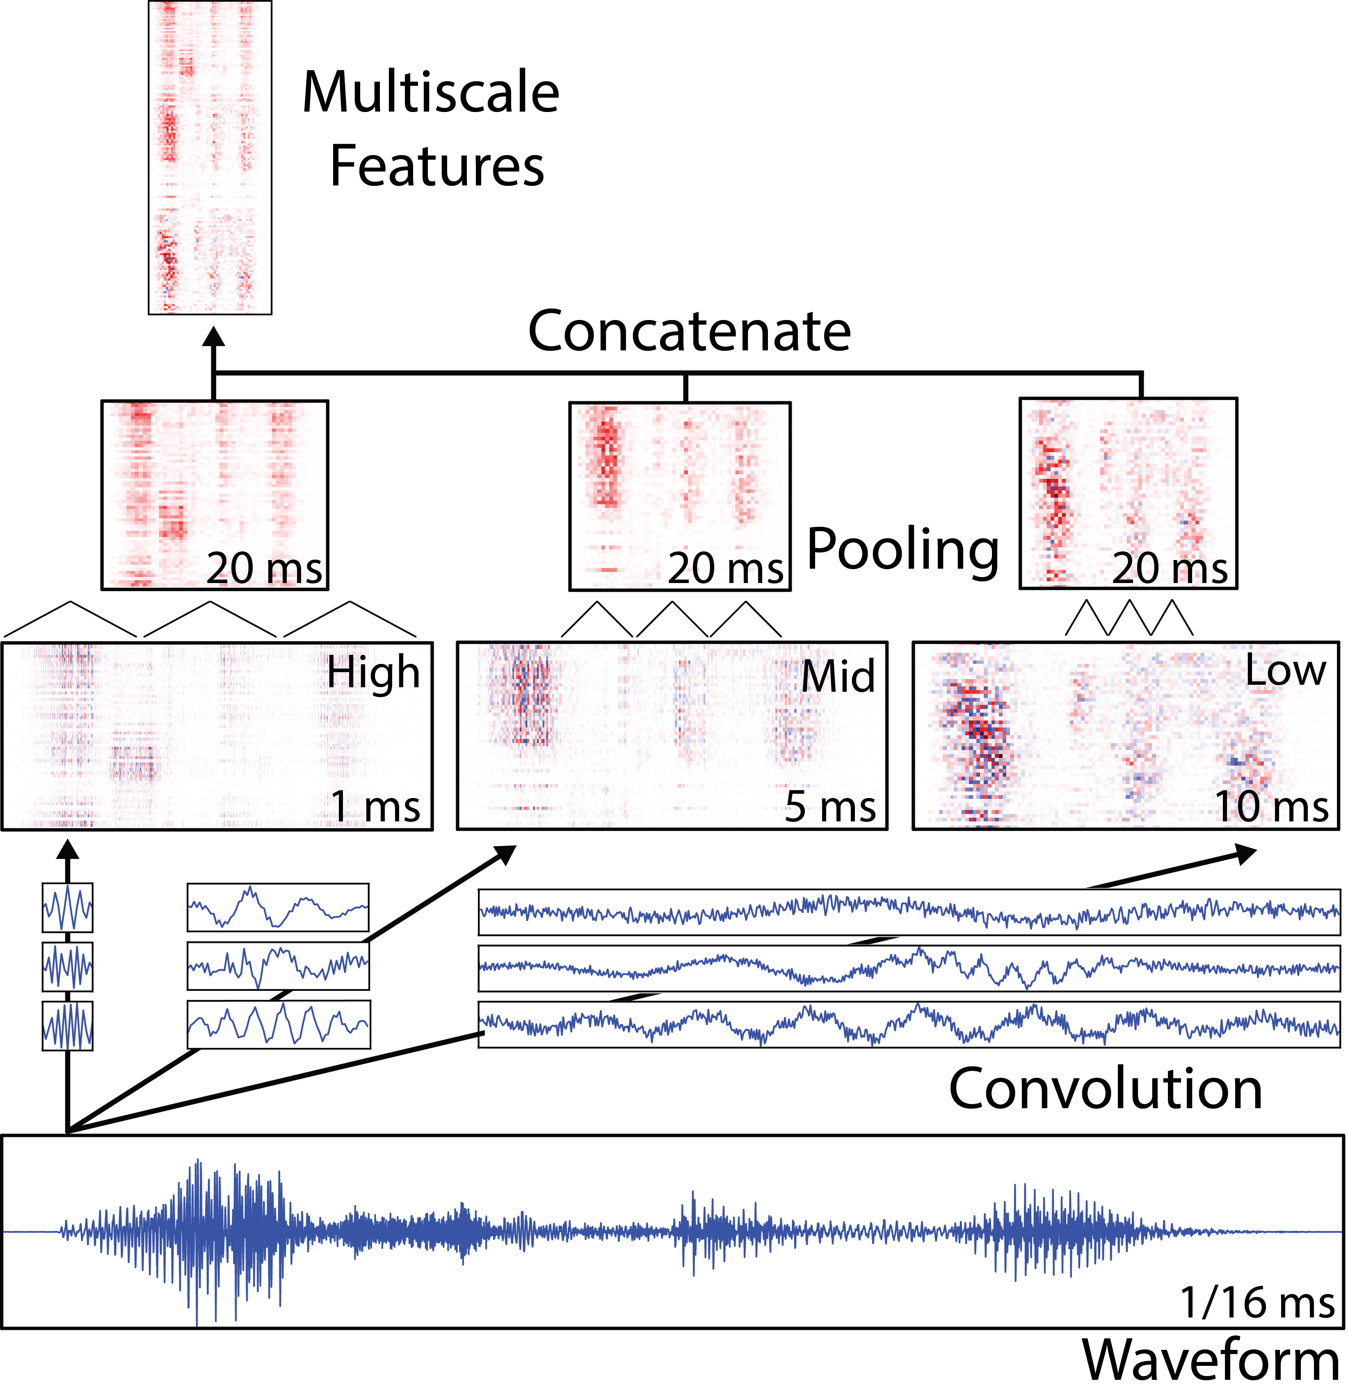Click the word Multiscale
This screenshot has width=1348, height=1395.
431,93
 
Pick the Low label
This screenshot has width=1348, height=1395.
1285,671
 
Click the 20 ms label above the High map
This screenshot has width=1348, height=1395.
264,569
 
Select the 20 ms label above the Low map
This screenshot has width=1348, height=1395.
1170,569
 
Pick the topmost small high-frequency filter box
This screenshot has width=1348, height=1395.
68,908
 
